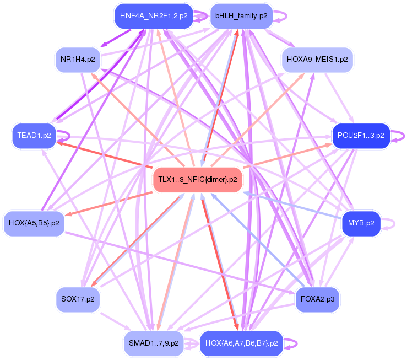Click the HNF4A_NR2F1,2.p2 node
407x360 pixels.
click(x=154, y=16)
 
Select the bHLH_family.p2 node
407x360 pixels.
click(x=241, y=16)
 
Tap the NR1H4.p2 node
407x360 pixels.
click(x=78, y=60)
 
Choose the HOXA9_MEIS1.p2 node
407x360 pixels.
click(x=317, y=60)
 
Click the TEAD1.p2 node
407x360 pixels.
click(x=34, y=136)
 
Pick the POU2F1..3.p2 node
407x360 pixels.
click(x=361, y=136)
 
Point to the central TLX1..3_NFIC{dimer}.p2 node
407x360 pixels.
click(x=198, y=180)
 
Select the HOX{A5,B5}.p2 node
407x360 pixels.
click(x=34, y=223)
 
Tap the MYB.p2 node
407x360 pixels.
click(x=361, y=223)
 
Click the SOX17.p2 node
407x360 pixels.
click(x=78, y=299)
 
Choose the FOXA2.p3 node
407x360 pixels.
click(x=317, y=299)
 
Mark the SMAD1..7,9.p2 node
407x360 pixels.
click(x=154, y=343)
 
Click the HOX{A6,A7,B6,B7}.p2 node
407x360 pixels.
click(x=241, y=343)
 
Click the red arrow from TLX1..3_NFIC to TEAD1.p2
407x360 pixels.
click(x=104, y=154)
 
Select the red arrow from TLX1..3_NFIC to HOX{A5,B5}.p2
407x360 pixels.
click(x=108, y=204)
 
